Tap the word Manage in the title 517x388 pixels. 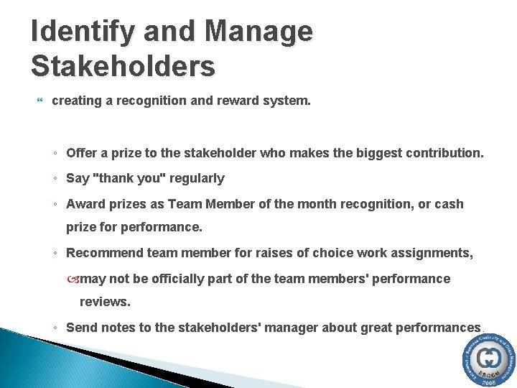tap(259, 32)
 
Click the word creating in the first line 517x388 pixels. tap(75, 101)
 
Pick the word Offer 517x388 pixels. tap(81, 152)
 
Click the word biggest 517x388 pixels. tap(378, 152)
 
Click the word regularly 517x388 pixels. tap(195, 178)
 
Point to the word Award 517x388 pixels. tap(84, 204)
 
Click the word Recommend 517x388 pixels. tap(103, 252)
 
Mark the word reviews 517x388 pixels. tap(105, 302)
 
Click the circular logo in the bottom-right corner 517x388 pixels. tap(488, 361)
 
